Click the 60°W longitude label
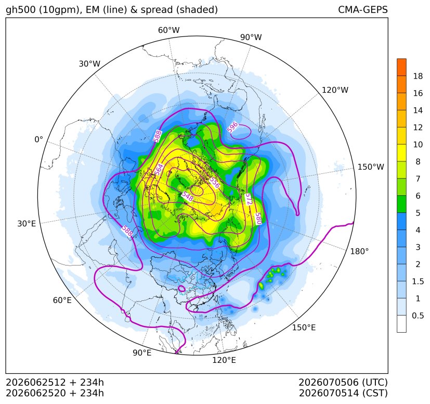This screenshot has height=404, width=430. (168, 30)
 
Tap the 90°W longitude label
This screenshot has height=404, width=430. (251, 37)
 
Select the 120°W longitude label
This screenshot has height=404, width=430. (335, 90)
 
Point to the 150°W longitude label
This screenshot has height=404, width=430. (371, 167)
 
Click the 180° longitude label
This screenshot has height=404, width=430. (359, 251)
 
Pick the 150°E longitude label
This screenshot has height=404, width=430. (304, 327)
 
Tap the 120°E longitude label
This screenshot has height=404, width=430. (224, 360)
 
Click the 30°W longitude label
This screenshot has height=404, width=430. (89, 64)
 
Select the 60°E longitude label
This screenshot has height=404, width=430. (62, 300)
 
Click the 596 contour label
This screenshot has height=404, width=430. (232, 128)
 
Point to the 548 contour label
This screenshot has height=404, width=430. (188, 196)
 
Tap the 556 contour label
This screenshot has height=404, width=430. (215, 183)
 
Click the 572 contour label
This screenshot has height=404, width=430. (248, 199)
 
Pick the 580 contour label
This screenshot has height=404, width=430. (258, 219)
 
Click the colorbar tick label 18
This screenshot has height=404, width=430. (418, 76)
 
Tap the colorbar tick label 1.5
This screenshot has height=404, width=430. (418, 281)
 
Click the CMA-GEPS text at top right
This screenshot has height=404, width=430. (363, 9)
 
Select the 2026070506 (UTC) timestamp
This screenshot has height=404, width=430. (343, 382)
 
